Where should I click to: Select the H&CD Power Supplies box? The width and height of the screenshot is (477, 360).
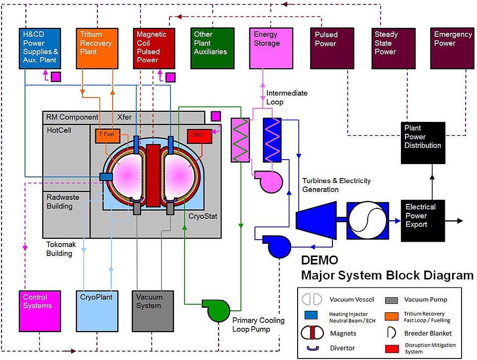point(40,48)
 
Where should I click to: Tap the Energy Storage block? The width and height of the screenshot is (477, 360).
point(270,48)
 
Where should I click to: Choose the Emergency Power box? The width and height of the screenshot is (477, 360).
point(452,48)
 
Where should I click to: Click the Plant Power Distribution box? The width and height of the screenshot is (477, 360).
point(422,142)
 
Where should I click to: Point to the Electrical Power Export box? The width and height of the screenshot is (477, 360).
point(422,220)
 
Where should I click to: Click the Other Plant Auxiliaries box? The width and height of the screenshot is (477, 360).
point(213,48)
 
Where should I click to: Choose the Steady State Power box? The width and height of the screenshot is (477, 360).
point(394,48)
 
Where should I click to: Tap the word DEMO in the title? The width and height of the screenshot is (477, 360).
point(320,261)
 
